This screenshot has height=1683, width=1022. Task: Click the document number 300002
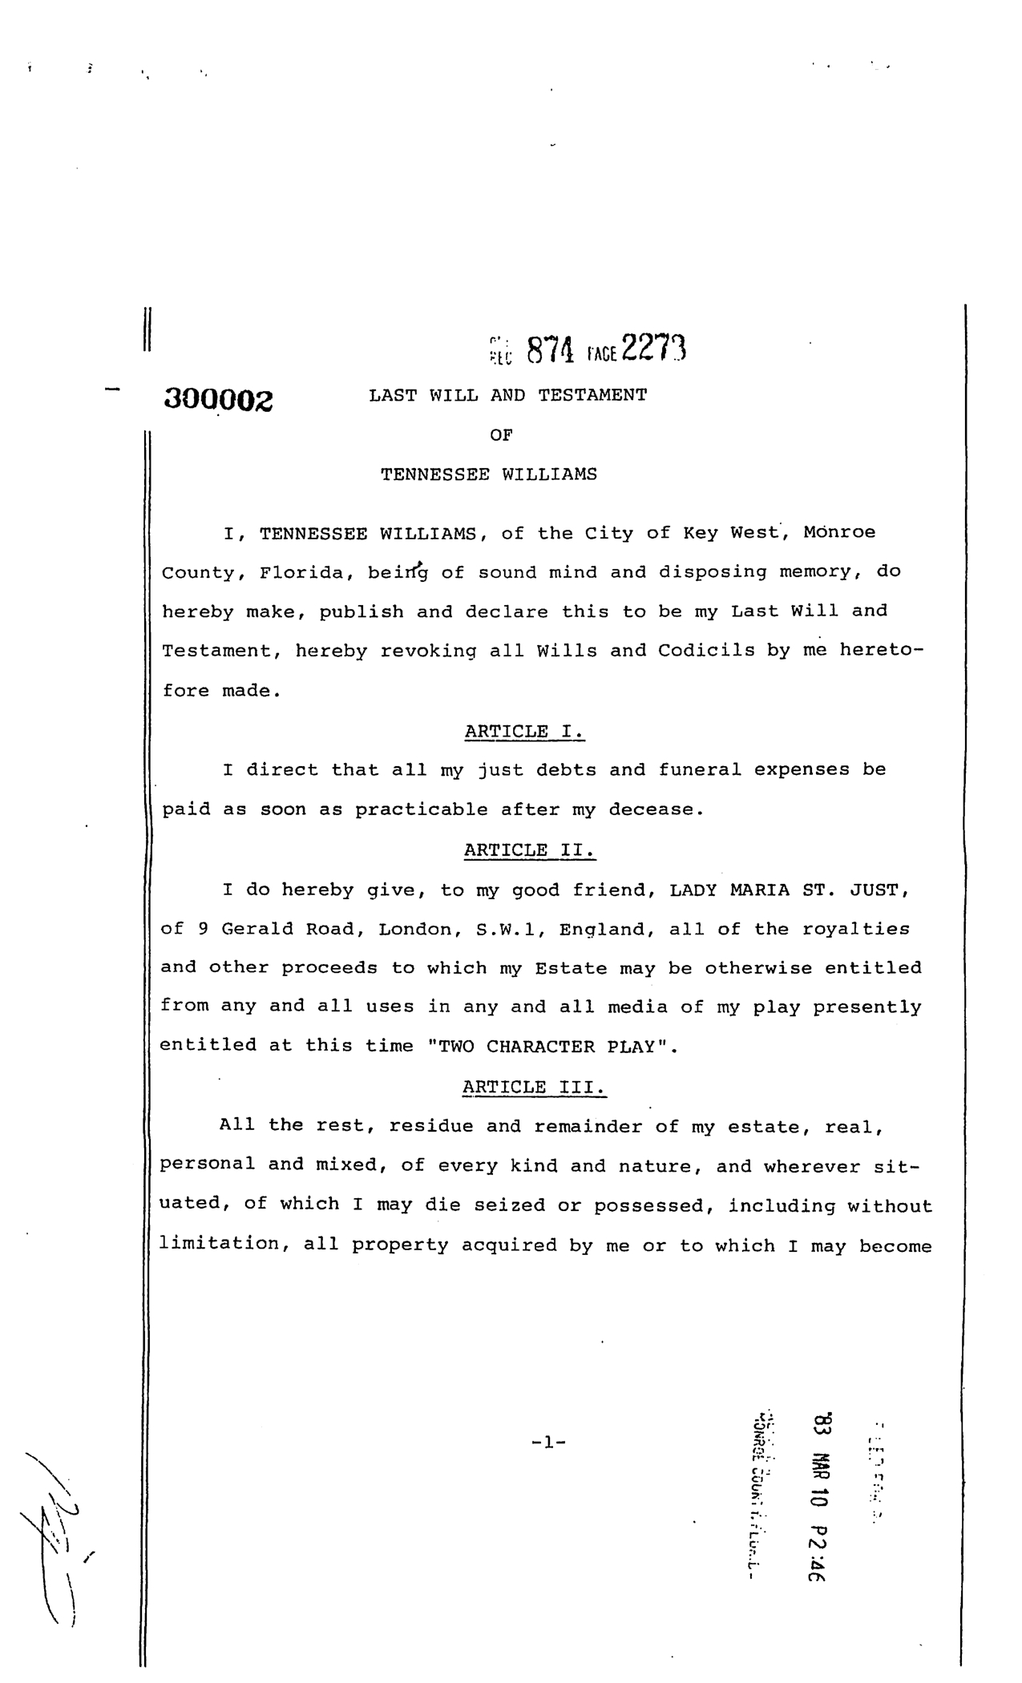click(x=218, y=399)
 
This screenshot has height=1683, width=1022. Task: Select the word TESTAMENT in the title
click(x=592, y=395)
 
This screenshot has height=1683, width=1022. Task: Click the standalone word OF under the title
click(x=500, y=434)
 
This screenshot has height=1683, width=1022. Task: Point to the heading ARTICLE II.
click(x=530, y=850)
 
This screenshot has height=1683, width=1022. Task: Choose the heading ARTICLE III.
click(x=535, y=1087)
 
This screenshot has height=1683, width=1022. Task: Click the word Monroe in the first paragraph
click(x=839, y=533)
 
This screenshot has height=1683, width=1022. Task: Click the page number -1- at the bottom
click(x=548, y=1443)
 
